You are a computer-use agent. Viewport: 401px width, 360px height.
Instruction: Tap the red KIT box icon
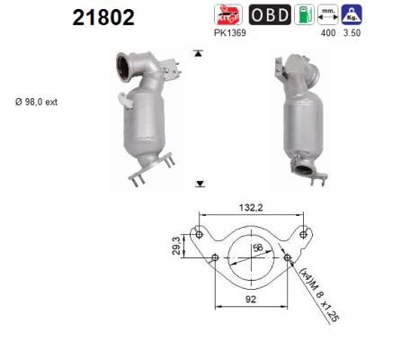[x=227, y=15]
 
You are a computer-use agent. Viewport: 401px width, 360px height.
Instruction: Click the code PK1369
[x=230, y=33]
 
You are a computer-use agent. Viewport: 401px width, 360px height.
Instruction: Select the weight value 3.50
[x=352, y=33]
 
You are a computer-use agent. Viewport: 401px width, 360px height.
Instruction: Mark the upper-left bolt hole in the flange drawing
[x=197, y=233]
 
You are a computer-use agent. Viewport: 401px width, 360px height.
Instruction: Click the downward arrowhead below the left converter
[x=200, y=183]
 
